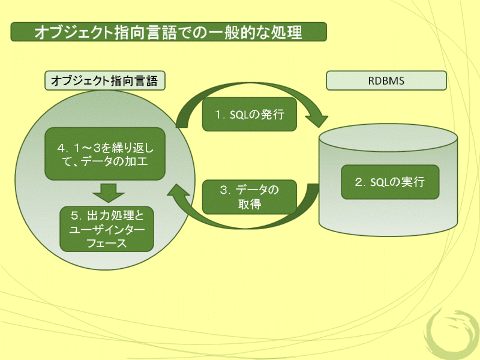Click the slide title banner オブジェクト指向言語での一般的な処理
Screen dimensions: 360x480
(169, 32)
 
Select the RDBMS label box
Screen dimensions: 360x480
(386, 80)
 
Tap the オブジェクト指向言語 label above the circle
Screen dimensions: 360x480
(105, 80)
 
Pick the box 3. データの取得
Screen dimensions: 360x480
(249, 197)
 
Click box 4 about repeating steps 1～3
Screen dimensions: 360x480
(105, 153)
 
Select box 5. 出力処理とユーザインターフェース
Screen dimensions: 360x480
(107, 229)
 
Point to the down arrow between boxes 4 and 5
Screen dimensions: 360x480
(109, 193)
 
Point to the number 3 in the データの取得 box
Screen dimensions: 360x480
(223, 190)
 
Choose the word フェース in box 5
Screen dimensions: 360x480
(106, 243)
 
